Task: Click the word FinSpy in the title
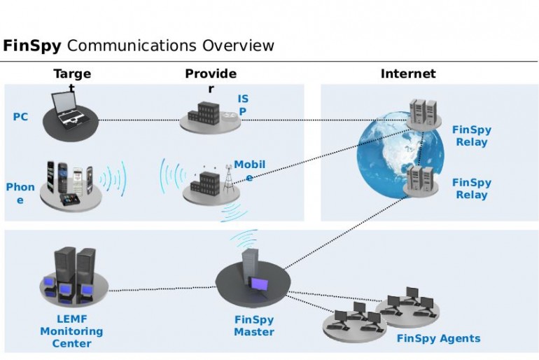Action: pos(32,47)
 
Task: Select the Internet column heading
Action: pos(408,74)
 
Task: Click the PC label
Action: pos(20,117)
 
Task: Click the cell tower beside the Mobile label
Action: pos(227,181)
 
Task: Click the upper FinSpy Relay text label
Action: pos(472,136)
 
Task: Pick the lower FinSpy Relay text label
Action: pos(472,188)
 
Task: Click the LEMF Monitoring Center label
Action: pos(71,331)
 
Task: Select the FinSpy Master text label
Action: pos(254,326)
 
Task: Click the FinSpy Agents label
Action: pos(439,338)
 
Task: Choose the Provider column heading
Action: pos(211,74)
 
